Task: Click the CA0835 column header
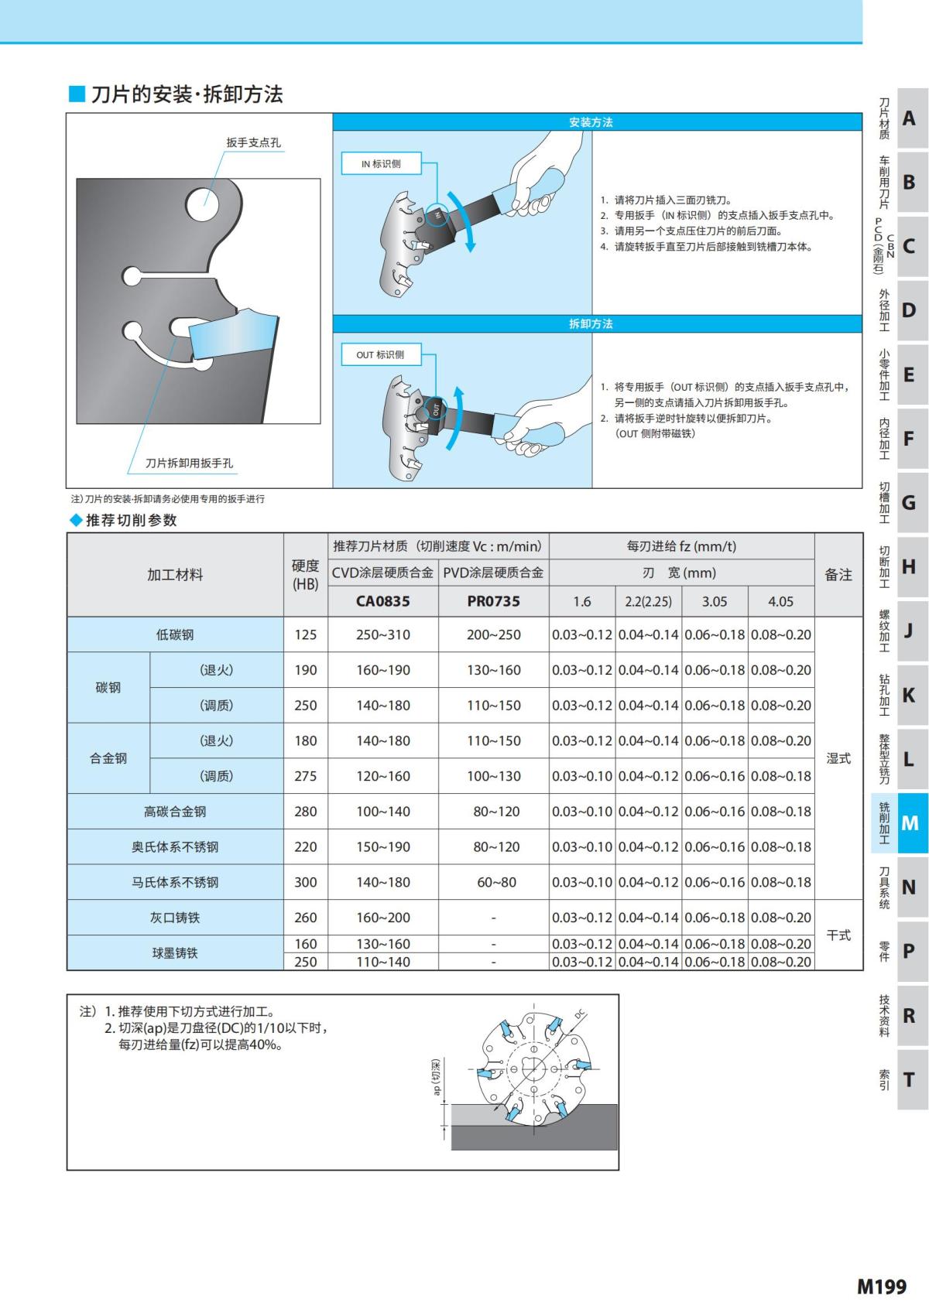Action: [383, 601]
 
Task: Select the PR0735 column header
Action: [493, 601]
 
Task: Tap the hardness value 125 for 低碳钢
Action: [306, 634]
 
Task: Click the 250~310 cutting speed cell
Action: [383, 634]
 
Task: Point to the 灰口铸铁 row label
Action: [175, 918]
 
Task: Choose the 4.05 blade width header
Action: [780, 601]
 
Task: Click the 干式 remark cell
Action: [838, 935]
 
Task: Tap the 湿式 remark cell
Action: [838, 758]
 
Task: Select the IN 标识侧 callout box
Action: [382, 164]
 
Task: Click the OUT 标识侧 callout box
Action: [380, 355]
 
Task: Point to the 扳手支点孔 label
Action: [253, 142]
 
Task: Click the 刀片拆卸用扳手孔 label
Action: [190, 463]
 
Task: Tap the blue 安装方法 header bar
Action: [597, 122]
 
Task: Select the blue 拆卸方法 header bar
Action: [597, 323]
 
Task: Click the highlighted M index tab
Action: [910, 823]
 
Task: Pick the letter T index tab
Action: [910, 1079]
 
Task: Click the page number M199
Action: [881, 1286]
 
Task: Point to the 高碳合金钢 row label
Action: [175, 812]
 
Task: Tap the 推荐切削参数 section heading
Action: [131, 520]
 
